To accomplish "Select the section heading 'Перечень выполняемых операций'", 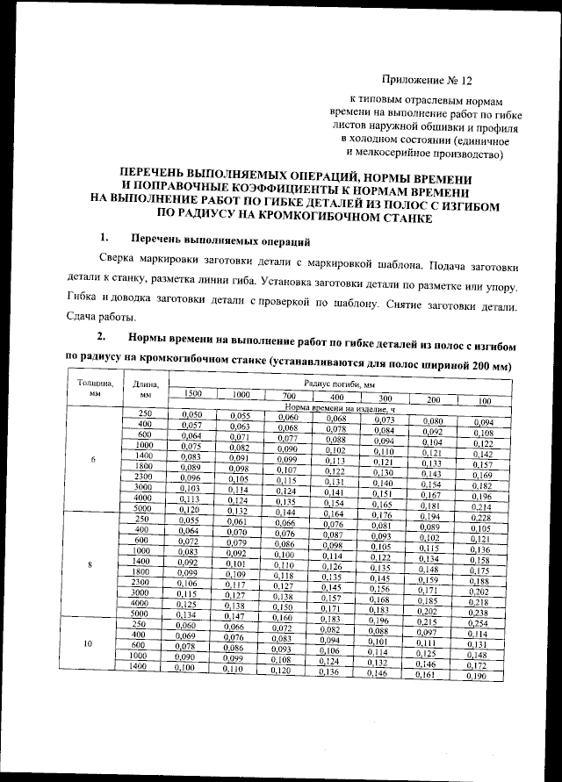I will coord(220,240).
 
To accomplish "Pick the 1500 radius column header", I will coord(192,394).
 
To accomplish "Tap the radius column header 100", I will coord(484,401).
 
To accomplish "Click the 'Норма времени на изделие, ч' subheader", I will coord(341,408).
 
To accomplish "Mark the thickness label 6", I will coord(93,460).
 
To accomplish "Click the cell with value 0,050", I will coord(191,414).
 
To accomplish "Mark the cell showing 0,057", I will coord(191,425).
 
